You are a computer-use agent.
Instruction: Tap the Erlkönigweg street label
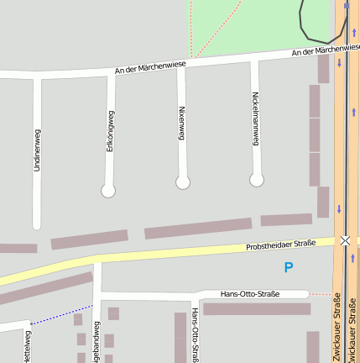[x=110, y=130]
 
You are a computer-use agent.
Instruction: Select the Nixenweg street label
[x=181, y=122]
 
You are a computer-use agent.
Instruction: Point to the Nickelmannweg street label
[x=255, y=124]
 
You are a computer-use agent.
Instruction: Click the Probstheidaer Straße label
[x=280, y=245]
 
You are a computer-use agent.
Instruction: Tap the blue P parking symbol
[x=289, y=267]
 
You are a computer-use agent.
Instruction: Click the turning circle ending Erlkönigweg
[x=108, y=191]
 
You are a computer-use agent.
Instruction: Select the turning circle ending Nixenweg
[x=183, y=182]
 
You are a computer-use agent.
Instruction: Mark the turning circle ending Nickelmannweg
[x=257, y=180]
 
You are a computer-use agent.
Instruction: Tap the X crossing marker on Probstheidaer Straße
[x=345, y=240]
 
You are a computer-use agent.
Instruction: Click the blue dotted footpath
[x=61, y=314]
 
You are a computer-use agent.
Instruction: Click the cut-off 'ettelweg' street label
[x=27, y=349]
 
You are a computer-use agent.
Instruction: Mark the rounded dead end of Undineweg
[x=37, y=225]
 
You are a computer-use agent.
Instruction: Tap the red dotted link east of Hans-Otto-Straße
[x=320, y=294]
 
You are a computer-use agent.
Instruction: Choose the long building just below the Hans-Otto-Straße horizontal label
[x=256, y=308]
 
